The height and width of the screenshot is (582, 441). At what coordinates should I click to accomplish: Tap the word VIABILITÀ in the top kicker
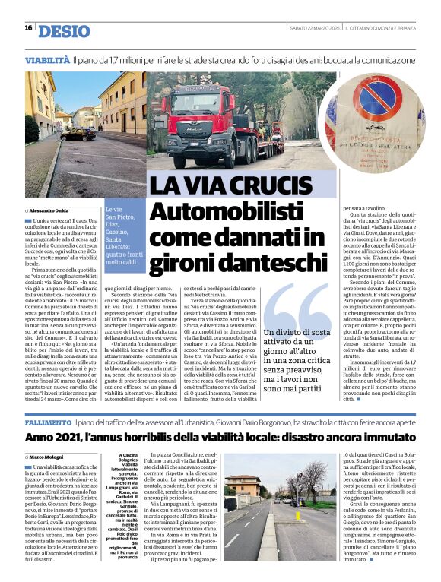tap(47, 59)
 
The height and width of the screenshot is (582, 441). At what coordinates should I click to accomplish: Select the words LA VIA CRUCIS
tap(226, 186)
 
